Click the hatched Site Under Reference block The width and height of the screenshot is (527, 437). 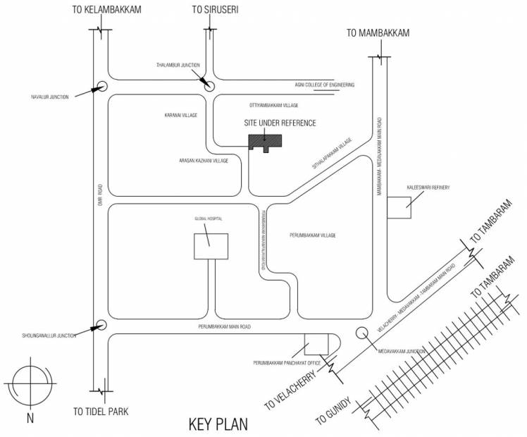click(x=266, y=140)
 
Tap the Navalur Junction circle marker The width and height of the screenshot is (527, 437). click(x=101, y=86)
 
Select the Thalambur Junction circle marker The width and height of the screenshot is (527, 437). click(x=209, y=85)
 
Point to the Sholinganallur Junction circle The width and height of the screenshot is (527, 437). click(x=101, y=325)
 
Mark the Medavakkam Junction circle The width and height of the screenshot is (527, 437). click(x=362, y=333)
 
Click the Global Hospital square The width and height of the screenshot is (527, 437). click(x=211, y=246)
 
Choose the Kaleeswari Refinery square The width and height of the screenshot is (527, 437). click(x=399, y=209)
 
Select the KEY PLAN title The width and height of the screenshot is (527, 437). click(x=218, y=425)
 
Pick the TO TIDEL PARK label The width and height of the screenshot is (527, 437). click(x=101, y=411)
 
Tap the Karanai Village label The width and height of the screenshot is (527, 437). click(x=180, y=114)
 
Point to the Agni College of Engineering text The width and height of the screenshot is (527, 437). click(x=324, y=85)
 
